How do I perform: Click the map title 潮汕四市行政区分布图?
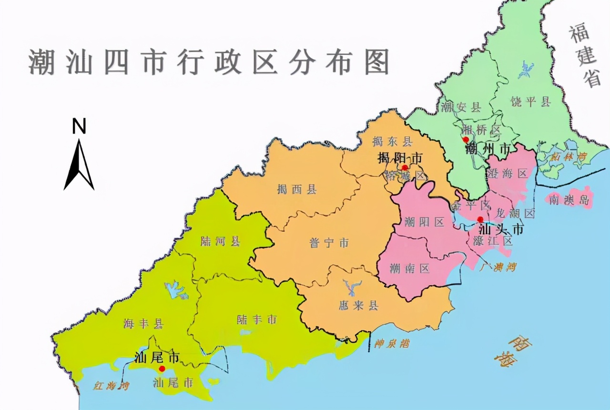tap(209, 62)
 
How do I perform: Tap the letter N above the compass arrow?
tap(79, 127)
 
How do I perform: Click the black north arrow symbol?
tap(79, 164)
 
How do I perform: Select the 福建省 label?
tap(585, 56)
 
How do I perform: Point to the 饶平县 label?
tap(530, 102)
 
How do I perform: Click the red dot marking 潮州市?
tap(466, 139)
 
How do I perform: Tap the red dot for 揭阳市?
tap(405, 167)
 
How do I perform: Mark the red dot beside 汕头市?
tap(480, 219)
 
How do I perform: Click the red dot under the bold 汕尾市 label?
tap(162, 369)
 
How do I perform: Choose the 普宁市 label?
tap(329, 243)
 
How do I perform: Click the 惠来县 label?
tap(358, 306)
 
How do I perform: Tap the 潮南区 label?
tap(409, 268)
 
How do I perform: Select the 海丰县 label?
tap(143, 324)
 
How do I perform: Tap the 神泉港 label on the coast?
tap(392, 344)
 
